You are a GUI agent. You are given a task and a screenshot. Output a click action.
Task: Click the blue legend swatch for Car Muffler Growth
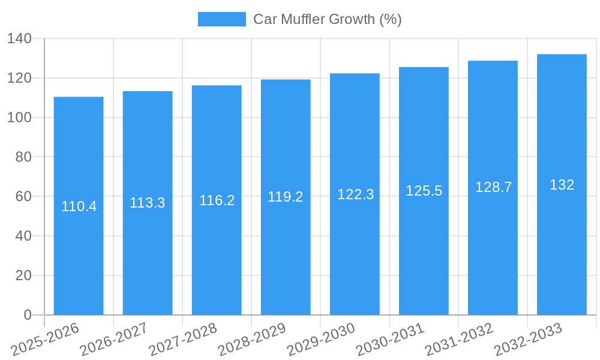point(221,19)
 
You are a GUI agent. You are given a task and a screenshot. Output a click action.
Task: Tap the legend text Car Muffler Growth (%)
point(327,19)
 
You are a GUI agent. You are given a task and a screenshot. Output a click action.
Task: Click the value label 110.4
point(79,206)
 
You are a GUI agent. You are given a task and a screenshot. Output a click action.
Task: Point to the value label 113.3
point(148,203)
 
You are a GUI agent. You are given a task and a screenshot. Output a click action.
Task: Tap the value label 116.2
point(217,200)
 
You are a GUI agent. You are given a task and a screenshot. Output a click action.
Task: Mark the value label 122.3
point(355,194)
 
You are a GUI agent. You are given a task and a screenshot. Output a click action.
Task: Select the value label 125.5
point(424,191)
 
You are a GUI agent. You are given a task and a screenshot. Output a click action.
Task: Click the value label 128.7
point(493,187)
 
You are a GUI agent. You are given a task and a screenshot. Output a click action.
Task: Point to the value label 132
point(562,185)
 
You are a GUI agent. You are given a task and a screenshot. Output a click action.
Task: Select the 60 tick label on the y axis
point(23,197)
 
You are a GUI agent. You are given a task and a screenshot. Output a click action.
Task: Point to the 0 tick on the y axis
point(28,315)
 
